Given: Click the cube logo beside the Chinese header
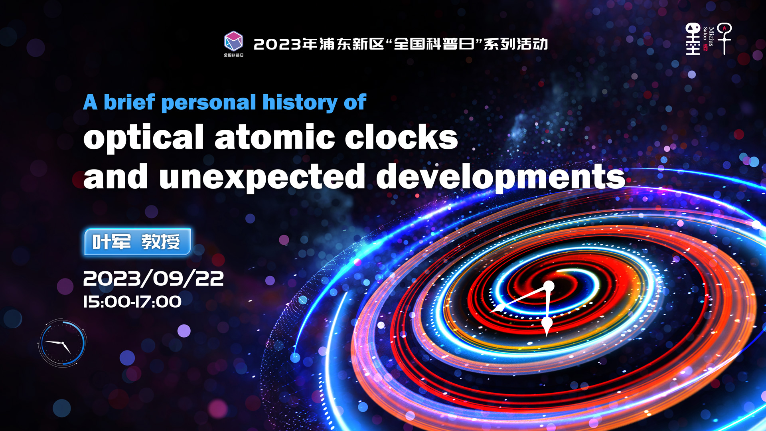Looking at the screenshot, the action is [x=233, y=41].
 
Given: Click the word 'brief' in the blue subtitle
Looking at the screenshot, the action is [x=129, y=102].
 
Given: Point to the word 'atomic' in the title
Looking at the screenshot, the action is [x=275, y=137].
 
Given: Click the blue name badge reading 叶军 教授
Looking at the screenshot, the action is [x=137, y=242].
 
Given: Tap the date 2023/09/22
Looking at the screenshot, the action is [x=153, y=278].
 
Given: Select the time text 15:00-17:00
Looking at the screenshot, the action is [x=132, y=302].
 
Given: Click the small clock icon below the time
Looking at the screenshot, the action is [x=62, y=343].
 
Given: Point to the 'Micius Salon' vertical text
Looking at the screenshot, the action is [x=708, y=37].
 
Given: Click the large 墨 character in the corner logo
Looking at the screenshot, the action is [x=693, y=39].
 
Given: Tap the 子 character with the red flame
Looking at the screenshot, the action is [x=725, y=38].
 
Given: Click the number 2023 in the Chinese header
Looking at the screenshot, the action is [x=277, y=44].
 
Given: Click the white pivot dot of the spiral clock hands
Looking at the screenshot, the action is [x=549, y=286].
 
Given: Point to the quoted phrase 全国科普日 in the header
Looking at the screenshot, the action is [x=434, y=44].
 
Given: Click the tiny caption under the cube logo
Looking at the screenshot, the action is [x=233, y=55].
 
